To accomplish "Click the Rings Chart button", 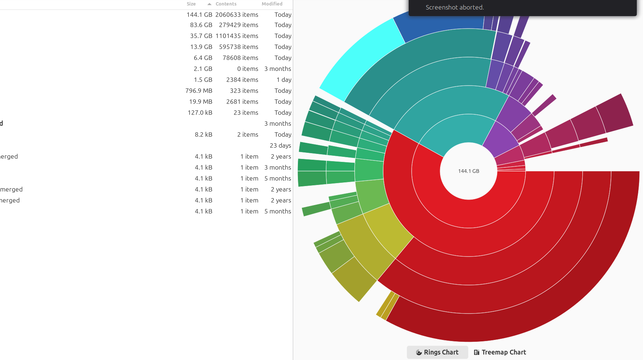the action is [437, 352].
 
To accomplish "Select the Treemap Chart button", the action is [500, 352].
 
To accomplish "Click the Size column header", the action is [191, 4].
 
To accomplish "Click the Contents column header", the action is [226, 4].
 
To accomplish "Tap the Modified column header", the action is [272, 4].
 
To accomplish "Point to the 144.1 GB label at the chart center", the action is [469, 171].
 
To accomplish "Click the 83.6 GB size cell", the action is [201, 25].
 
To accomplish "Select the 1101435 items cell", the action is [237, 36].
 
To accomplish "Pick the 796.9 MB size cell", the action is [199, 91].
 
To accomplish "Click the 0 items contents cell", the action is [247, 69].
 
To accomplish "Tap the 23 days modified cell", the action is [280, 145].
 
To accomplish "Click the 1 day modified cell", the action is [284, 80].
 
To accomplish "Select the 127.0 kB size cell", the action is [200, 113].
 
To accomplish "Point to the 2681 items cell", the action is [242, 102].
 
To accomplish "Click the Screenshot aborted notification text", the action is [455, 7].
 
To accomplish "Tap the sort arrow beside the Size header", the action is [209, 4].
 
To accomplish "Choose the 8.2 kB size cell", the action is [204, 134].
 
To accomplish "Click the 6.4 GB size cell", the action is [203, 58].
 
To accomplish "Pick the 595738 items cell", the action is [239, 47].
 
